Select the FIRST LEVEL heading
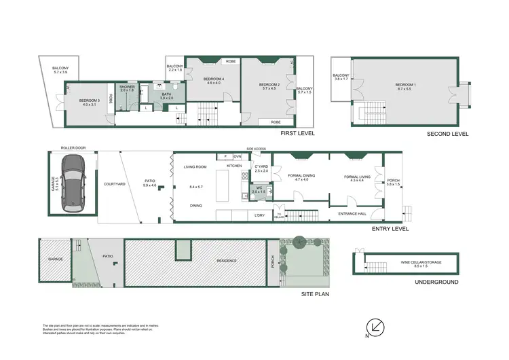(298, 134)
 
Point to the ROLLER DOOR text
(71, 147)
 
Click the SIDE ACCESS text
(255, 147)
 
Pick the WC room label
(259, 190)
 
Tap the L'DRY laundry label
(259, 215)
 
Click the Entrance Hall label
(352, 214)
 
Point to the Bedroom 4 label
(214, 79)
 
